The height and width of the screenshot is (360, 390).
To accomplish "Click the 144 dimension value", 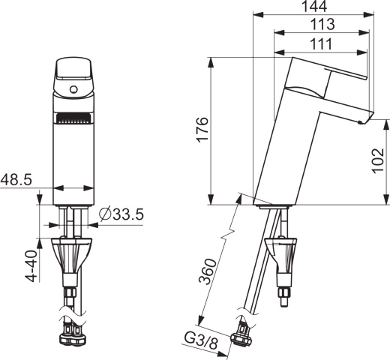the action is tap(314, 6).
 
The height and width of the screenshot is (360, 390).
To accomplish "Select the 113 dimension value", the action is tap(322, 25).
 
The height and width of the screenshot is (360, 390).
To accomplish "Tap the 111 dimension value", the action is tap(321, 44).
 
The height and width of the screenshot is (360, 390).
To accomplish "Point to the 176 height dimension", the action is tap(202, 130).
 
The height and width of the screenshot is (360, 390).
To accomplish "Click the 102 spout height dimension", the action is tap(378, 160).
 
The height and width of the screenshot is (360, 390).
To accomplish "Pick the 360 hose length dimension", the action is tap(207, 271).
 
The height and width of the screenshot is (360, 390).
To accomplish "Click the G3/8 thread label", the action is tap(201, 341).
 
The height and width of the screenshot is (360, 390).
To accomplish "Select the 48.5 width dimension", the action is tap(16, 179).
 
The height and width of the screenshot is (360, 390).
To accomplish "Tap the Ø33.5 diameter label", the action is tap(121, 214).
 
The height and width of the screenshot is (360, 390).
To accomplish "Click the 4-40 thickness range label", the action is tap(32, 265).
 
